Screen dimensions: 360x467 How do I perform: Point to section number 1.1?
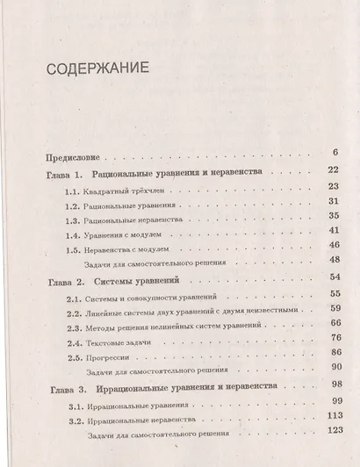click(76, 190)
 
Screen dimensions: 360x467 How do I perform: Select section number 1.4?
click(76, 236)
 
